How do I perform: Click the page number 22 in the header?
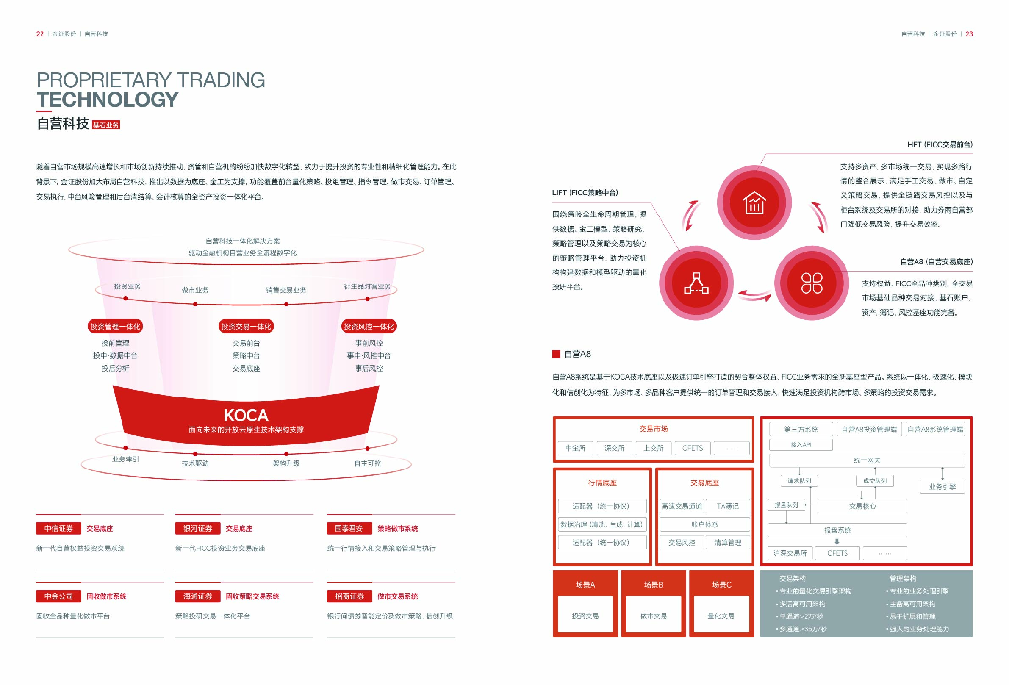[x=40, y=34]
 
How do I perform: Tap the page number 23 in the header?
[x=969, y=34]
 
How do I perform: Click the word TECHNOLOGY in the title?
[x=108, y=100]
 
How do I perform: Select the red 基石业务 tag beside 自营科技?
[x=106, y=125]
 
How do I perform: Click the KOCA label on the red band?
[x=246, y=416]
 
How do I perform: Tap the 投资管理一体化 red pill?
[x=115, y=327]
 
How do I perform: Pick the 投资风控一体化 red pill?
[x=369, y=327]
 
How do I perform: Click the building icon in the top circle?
[x=754, y=203]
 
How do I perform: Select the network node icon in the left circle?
[x=696, y=283]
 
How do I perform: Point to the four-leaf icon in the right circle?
[x=812, y=283]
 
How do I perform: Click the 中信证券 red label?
[x=58, y=528]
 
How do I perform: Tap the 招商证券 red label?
[x=349, y=596]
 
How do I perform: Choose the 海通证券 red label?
[x=197, y=596]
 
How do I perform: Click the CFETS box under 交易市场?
[x=692, y=448]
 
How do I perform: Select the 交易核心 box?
[x=862, y=506]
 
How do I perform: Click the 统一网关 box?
[x=867, y=460]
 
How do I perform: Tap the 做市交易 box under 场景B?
[x=653, y=616]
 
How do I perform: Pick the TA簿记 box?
[x=728, y=506]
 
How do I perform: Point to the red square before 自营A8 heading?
[x=556, y=354]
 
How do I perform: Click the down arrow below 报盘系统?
[x=837, y=542]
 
